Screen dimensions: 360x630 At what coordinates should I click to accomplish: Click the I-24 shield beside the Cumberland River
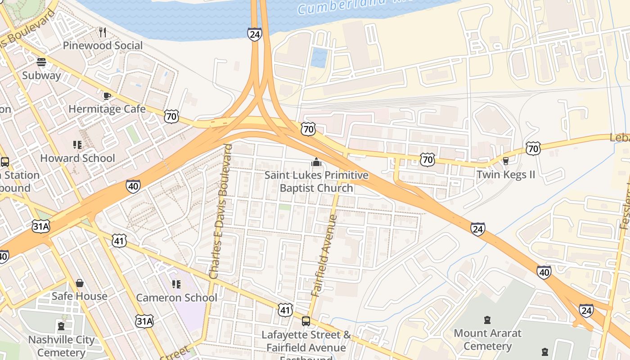click(x=254, y=34)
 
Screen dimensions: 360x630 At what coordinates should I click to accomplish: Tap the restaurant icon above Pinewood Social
click(x=103, y=32)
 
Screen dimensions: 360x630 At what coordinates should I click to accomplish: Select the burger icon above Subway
click(x=41, y=62)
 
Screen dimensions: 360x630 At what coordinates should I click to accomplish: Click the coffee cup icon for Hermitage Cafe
click(x=107, y=96)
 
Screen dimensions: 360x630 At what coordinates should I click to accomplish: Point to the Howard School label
click(x=77, y=158)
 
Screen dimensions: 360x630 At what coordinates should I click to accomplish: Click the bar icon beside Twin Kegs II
click(x=505, y=161)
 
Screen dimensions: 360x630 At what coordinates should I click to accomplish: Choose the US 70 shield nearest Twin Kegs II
click(x=533, y=148)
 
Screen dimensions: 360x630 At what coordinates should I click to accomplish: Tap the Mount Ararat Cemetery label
click(x=487, y=340)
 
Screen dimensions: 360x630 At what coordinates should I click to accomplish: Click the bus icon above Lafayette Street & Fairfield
click(x=306, y=321)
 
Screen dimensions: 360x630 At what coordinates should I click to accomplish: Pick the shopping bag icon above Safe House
click(x=80, y=283)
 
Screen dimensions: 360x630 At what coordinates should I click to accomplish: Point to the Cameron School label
click(x=176, y=298)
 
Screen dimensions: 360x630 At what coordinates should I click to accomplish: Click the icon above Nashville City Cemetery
click(x=61, y=326)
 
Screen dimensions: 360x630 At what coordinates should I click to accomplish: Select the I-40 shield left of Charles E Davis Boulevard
click(x=133, y=186)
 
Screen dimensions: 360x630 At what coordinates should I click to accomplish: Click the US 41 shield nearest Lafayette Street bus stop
click(x=285, y=310)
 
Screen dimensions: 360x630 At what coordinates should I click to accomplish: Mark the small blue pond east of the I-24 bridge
click(x=319, y=57)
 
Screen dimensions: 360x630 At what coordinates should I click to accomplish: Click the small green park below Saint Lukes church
click(x=284, y=207)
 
